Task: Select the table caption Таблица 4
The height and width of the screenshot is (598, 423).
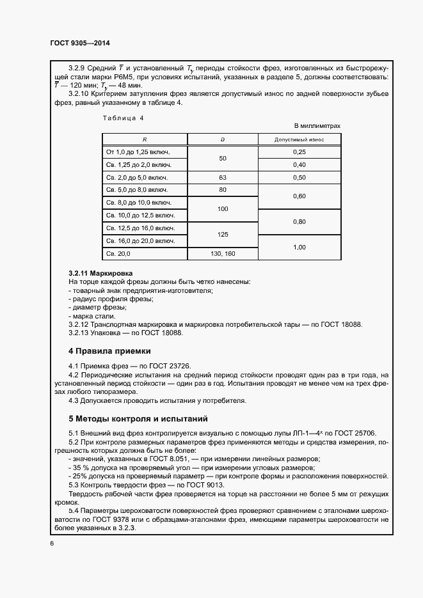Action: [123, 118]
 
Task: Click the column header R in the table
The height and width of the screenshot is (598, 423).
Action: [144, 139]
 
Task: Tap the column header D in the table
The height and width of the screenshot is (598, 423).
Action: [222, 139]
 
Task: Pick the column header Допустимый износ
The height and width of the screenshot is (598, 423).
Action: [299, 139]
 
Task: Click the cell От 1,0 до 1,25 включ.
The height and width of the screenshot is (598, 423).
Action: [136, 152]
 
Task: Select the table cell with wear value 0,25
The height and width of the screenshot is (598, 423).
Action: [299, 152]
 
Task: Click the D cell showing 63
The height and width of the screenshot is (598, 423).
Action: [223, 177]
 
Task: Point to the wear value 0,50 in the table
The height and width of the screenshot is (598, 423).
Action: [299, 177]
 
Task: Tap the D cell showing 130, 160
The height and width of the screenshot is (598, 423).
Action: [223, 254]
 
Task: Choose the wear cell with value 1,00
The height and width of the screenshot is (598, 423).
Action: [299, 247]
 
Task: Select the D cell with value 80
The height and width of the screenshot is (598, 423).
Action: [223, 190]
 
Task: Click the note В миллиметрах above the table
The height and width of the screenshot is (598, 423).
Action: [317, 126]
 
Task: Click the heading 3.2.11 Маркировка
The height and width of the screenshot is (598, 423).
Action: [100, 273]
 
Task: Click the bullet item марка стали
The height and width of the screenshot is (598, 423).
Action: [92, 316]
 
